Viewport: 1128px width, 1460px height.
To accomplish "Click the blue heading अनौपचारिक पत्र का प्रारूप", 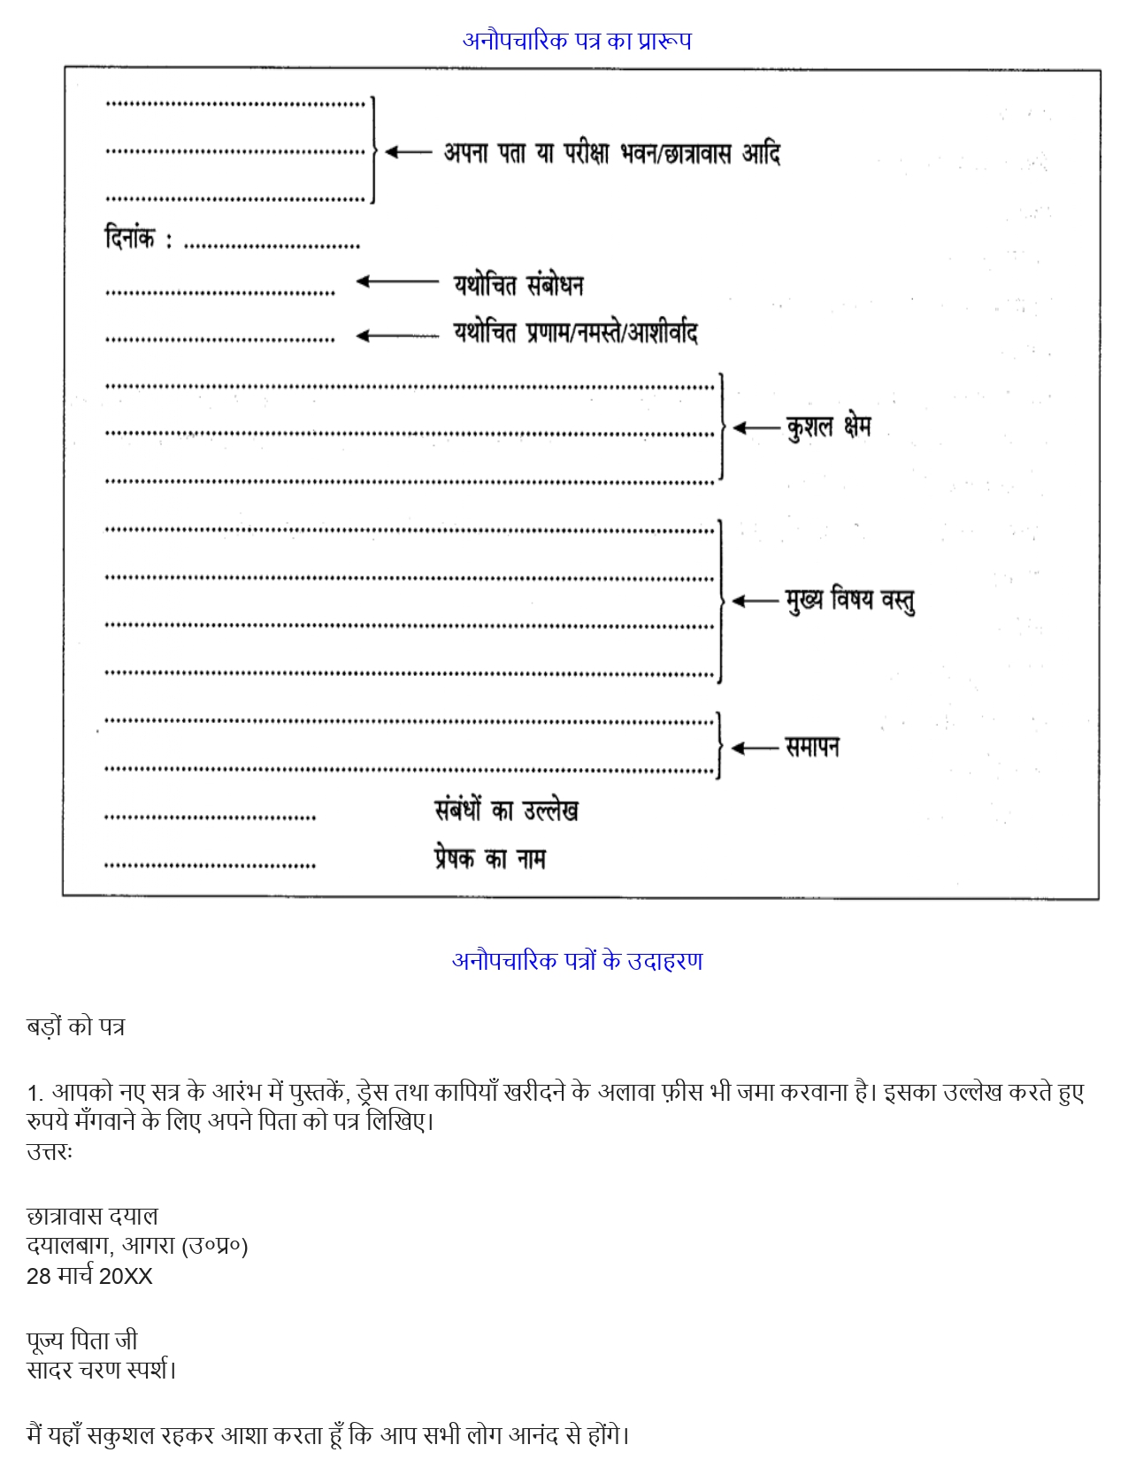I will click(577, 41).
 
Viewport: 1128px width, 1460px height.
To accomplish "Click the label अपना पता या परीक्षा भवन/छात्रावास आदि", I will click(611, 153).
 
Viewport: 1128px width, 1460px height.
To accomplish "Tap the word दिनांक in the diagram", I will click(129, 238).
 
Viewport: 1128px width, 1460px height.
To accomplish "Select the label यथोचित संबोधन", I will click(518, 285).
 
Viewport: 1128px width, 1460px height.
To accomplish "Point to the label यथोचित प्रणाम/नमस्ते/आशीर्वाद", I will click(575, 333).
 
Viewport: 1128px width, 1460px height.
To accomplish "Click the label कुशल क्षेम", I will click(828, 427).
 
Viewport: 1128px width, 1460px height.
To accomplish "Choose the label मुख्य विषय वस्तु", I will click(849, 601).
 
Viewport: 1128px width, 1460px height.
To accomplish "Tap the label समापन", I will click(812, 748).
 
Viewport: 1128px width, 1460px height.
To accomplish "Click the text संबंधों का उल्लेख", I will click(506, 811).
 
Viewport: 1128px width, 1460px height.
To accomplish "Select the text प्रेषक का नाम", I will click(489, 858).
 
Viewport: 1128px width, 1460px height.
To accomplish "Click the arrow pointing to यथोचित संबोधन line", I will click(396, 282).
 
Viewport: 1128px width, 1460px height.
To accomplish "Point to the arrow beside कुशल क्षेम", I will click(756, 428).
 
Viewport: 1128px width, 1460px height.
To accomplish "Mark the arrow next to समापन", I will click(755, 749).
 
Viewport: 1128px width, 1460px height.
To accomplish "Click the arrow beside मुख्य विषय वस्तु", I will click(755, 602).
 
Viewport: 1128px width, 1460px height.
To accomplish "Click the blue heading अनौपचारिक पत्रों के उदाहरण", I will click(577, 961).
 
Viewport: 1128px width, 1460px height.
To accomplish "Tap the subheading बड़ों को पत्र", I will click(75, 1027).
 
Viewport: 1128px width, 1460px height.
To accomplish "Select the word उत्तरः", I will click(50, 1152).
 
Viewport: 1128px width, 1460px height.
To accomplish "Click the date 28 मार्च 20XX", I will click(89, 1276).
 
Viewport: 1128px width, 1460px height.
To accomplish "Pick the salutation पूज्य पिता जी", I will click(82, 1341).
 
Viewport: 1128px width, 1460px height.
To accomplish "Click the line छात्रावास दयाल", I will click(92, 1216).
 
